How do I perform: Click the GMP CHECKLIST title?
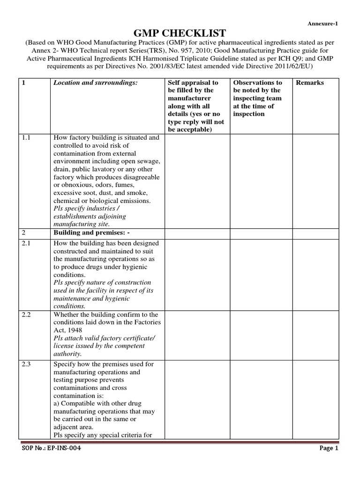pyautogui.click(x=180, y=32)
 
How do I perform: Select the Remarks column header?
pyautogui.click(x=309, y=82)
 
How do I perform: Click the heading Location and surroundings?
pyautogui.click(x=96, y=82)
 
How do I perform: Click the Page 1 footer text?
pyautogui.click(x=329, y=448)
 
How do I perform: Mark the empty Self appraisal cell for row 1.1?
pyautogui.click(x=198, y=180)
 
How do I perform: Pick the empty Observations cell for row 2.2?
pyautogui.click(x=261, y=334)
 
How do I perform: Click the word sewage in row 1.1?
pyautogui.click(x=147, y=161)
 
